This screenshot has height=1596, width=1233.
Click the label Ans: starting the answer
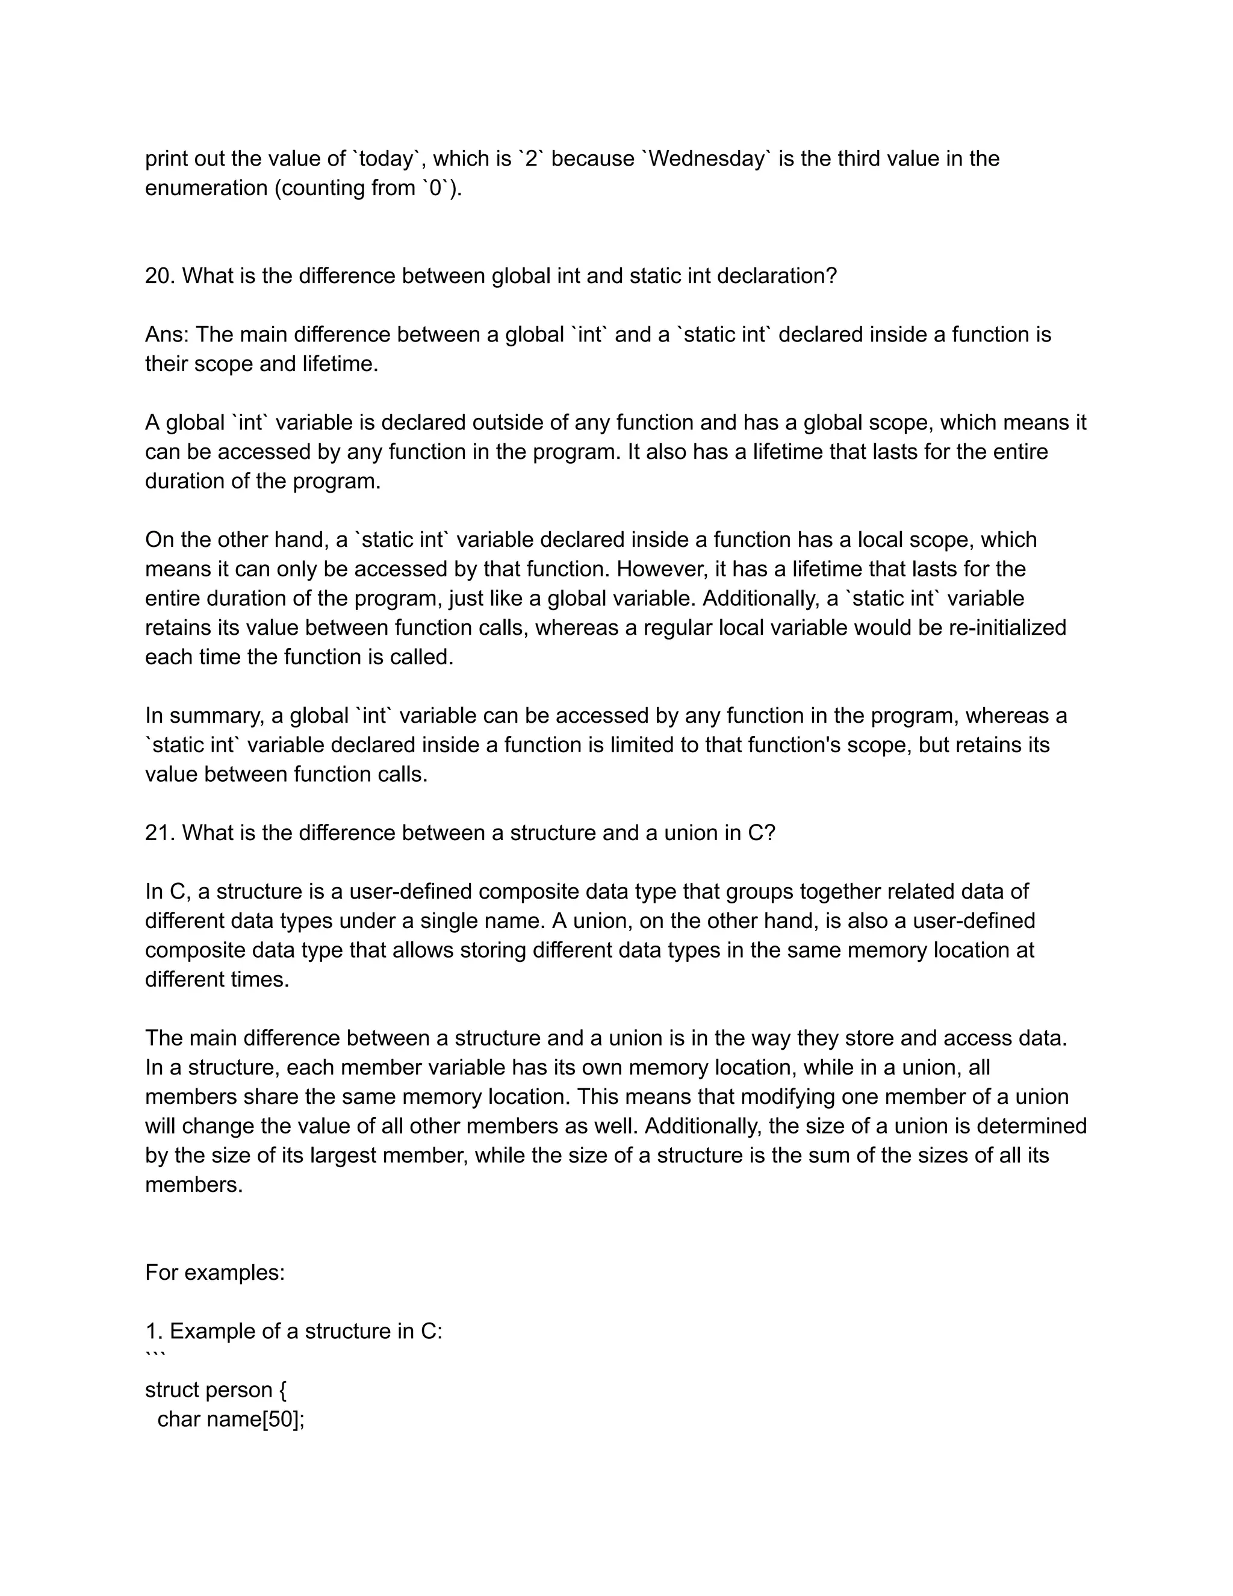coord(167,335)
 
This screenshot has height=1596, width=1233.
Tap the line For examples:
coord(215,1272)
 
